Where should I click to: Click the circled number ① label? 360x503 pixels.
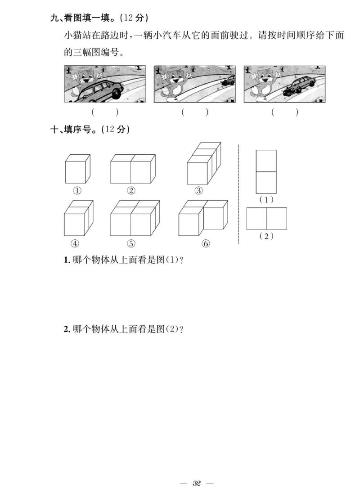click(77, 190)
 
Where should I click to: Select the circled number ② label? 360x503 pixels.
click(131, 190)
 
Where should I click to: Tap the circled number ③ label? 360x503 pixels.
click(198, 190)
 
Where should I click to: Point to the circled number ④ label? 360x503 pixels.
click(75, 243)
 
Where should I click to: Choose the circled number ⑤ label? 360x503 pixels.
click(131, 243)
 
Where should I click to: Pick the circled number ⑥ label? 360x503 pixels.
click(206, 243)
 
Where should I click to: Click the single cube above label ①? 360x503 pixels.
click(77, 169)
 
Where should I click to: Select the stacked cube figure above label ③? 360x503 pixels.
click(203, 164)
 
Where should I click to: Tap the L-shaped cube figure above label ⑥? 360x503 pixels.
click(203, 218)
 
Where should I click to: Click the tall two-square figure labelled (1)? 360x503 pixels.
click(266, 172)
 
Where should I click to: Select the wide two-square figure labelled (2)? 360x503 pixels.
click(266, 219)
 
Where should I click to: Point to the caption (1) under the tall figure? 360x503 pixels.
click(266, 199)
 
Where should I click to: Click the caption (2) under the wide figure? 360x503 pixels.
click(266, 236)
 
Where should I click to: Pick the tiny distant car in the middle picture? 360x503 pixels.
click(229, 81)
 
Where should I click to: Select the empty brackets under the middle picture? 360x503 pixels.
click(195, 112)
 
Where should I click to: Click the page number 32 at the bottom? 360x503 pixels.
click(197, 484)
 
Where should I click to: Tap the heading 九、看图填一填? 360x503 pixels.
click(83, 18)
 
